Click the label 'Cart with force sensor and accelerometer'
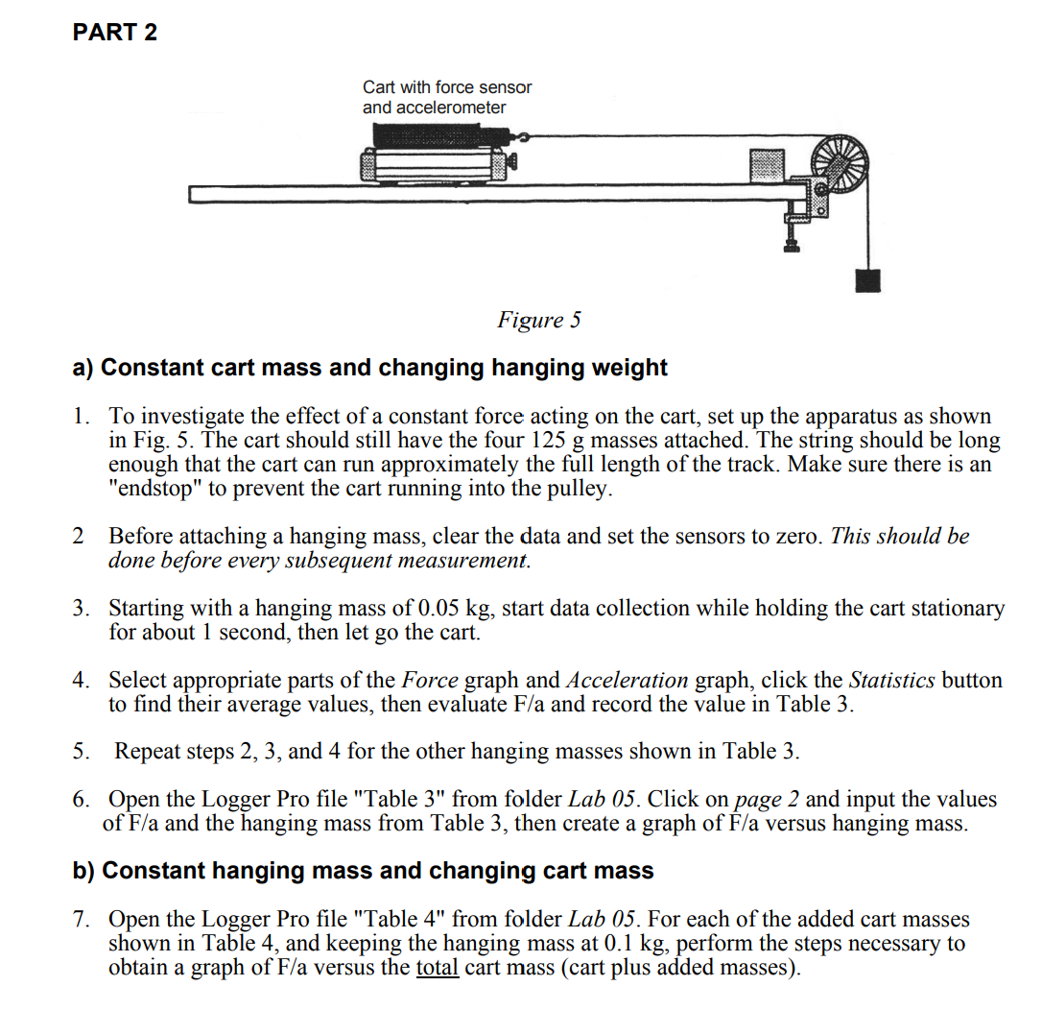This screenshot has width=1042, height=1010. click(446, 97)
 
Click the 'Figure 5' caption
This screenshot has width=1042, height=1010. click(538, 320)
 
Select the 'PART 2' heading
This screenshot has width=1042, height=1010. click(115, 33)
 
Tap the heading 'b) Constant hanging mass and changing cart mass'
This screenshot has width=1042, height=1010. click(364, 871)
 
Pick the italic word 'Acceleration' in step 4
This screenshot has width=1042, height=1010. click(627, 681)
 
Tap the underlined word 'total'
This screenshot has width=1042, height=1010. click(438, 967)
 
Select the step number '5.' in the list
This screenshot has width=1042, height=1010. click(83, 751)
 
